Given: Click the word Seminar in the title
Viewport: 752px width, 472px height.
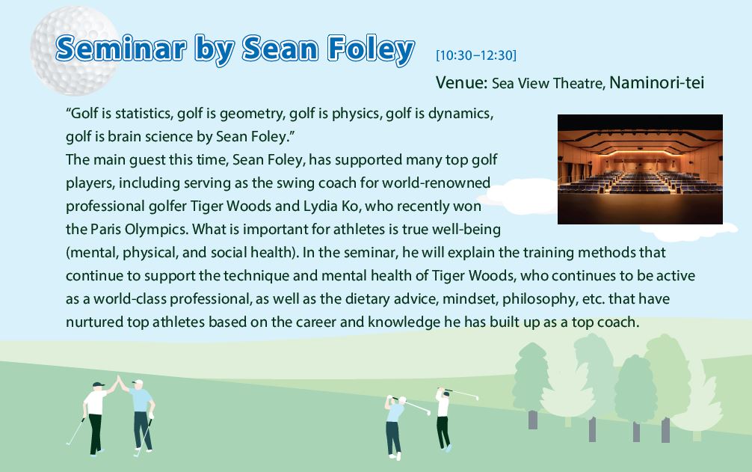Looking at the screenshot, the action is pyautogui.click(x=121, y=49).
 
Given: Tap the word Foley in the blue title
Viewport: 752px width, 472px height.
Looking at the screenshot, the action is pyautogui.click(x=372, y=50).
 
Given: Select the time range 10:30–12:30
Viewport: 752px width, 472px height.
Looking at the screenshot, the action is pyautogui.click(x=475, y=55).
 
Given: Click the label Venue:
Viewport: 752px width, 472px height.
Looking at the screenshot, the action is pyautogui.click(x=461, y=82).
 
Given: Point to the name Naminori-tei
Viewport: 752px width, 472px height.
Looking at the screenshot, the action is pyautogui.click(x=656, y=82).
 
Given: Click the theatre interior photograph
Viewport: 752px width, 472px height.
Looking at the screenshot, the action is pyautogui.click(x=640, y=169).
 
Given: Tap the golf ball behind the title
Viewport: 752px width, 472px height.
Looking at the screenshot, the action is pyautogui.click(x=74, y=50).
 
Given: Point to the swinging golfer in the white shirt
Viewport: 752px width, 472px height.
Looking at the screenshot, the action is pyautogui.click(x=444, y=419).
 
